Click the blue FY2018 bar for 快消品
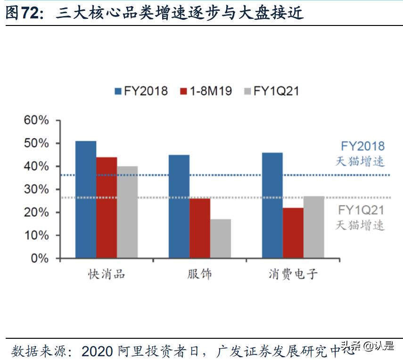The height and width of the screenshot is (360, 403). pos(86,200)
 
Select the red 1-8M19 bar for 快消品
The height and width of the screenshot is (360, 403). pos(107,208)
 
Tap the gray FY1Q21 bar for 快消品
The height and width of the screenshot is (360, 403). pos(127,212)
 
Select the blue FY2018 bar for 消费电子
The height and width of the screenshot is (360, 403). pos(272,205)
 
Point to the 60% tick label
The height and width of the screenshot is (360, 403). pos(36,120)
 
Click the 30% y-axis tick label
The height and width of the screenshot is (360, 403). pos(36,189)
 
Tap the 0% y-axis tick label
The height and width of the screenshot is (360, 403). pos(40,259)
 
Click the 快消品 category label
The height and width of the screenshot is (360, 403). pos(107,274)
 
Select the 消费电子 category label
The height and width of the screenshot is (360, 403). pos(293,274)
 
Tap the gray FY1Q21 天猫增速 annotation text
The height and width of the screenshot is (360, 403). pos(361,218)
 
